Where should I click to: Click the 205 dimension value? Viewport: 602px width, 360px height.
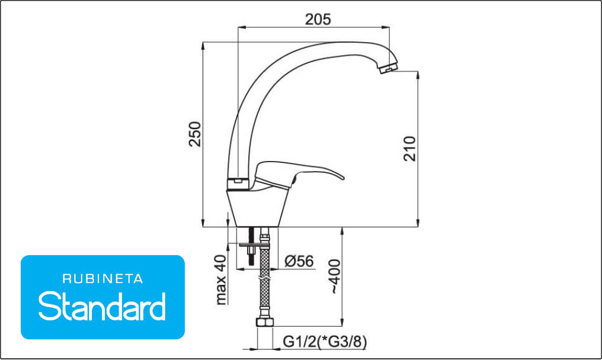point(318,19)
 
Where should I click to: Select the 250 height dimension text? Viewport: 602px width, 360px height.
point(195,134)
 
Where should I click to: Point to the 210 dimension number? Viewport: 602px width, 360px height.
point(409,149)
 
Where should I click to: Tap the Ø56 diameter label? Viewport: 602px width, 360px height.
point(299,261)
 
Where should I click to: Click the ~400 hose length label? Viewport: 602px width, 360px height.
point(335,277)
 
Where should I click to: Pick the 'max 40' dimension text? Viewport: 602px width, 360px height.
point(221,280)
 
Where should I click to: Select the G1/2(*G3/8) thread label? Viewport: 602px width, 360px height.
point(325,341)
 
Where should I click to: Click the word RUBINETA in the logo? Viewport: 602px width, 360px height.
point(103,279)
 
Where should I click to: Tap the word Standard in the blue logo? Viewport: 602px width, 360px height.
point(102,306)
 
